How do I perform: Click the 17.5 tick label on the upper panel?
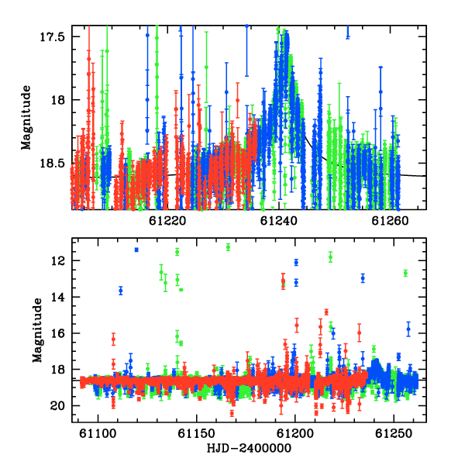pyautogui.click(x=52, y=36)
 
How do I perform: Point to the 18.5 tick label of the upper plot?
pyautogui.click(x=52, y=164)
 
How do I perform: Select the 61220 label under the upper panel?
pyautogui.click(x=167, y=221)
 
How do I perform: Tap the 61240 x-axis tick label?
pyautogui.click(x=279, y=221)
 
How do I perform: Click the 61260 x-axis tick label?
pyautogui.click(x=390, y=221)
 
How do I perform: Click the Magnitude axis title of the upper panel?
pyautogui.click(x=26, y=118)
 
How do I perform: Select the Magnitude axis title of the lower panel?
pyautogui.click(x=37, y=330)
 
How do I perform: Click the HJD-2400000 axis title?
pyautogui.click(x=249, y=448)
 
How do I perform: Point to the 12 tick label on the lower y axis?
pyautogui.click(x=57, y=261)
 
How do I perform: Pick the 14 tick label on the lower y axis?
pyautogui.click(x=57, y=297)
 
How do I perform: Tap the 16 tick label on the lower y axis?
pyautogui.click(x=57, y=333)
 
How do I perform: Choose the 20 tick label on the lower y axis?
pyautogui.click(x=57, y=405)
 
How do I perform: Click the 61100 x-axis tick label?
pyautogui.click(x=98, y=433)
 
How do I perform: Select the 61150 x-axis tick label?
pyautogui.click(x=196, y=433)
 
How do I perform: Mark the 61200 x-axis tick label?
pyautogui.click(x=295, y=433)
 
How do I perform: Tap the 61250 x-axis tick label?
pyautogui.click(x=394, y=433)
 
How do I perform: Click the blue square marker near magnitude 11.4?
pyautogui.click(x=136, y=250)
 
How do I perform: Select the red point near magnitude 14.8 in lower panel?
pyautogui.click(x=326, y=312)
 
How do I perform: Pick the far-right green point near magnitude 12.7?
pyautogui.click(x=405, y=273)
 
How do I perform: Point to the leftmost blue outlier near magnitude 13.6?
pyautogui.click(x=121, y=291)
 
